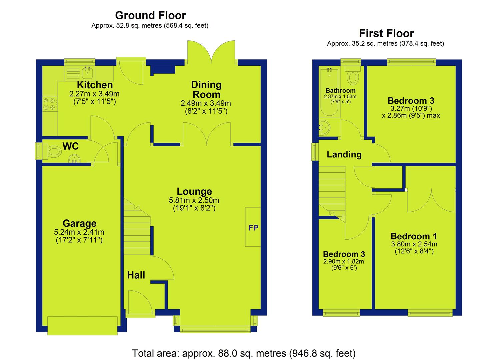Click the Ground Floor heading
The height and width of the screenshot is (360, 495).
(150, 15)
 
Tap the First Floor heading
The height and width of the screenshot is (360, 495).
(386, 34)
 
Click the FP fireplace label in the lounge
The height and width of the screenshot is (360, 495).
(253, 228)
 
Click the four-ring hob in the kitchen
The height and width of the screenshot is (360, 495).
(49, 104)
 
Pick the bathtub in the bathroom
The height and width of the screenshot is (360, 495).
(329, 92)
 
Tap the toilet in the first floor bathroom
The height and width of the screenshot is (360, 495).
(353, 75)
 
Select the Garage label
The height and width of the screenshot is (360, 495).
(80, 223)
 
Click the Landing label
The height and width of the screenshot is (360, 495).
(344, 154)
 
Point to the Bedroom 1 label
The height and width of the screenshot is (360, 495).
(414, 236)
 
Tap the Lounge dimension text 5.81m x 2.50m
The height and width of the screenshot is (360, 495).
(194, 200)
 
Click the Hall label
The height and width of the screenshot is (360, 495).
(136, 275)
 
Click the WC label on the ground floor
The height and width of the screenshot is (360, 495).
(70, 146)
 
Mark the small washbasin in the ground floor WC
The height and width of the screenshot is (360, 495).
(74, 159)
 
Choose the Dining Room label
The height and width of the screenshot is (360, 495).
(206, 90)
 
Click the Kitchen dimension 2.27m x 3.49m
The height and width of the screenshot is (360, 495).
(94, 94)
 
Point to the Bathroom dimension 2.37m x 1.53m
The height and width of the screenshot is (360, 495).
(340, 97)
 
